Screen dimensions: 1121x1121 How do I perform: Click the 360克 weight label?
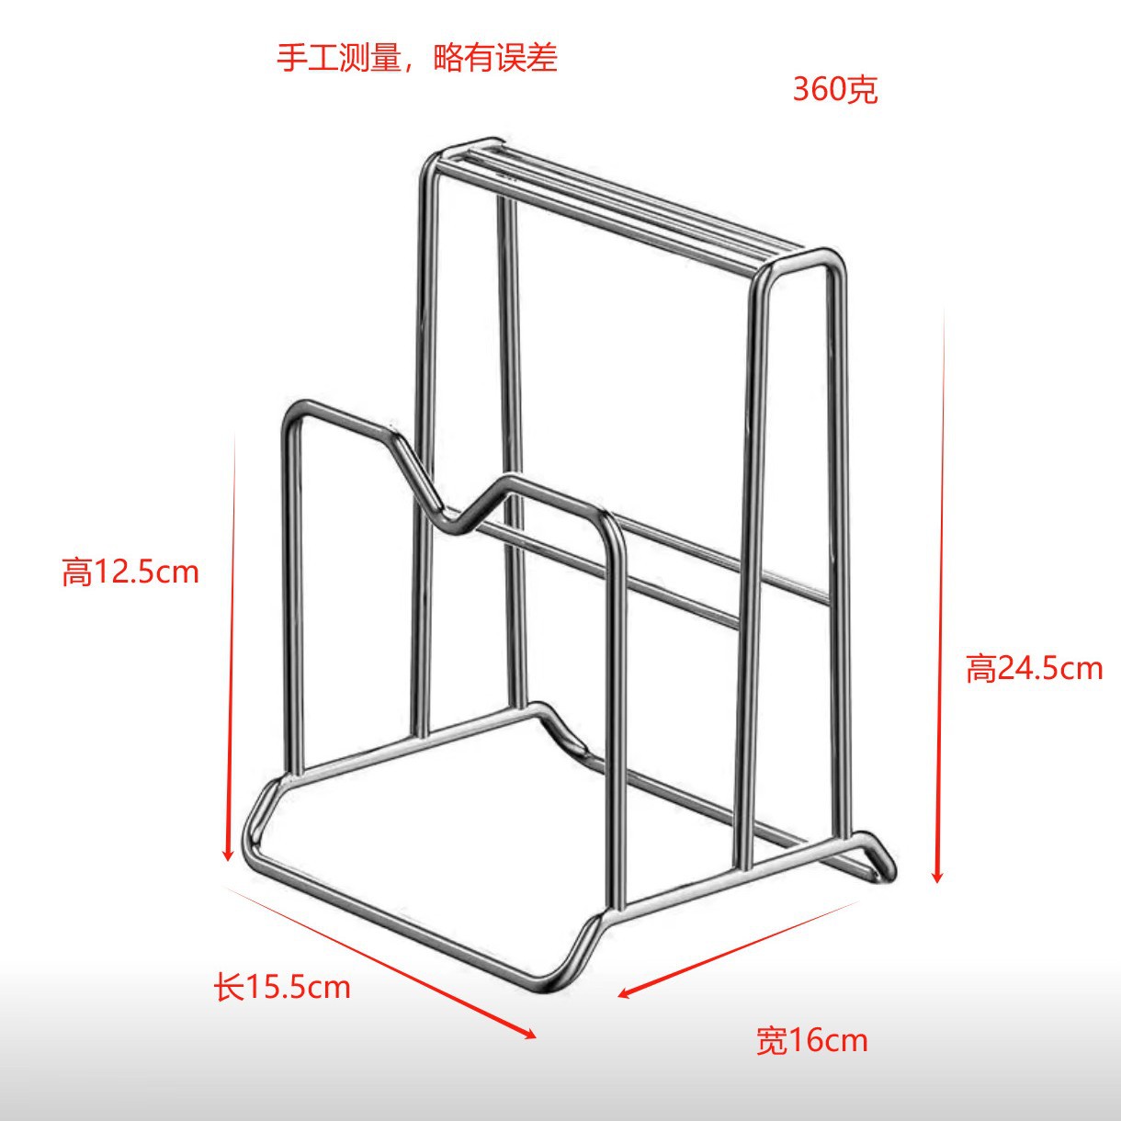(x=835, y=90)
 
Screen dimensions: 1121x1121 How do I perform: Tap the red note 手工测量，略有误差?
(x=417, y=58)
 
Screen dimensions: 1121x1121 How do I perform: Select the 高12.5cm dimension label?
(x=130, y=572)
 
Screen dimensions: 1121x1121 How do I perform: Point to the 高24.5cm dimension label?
(x=1033, y=668)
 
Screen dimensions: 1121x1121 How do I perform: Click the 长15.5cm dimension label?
(x=282, y=987)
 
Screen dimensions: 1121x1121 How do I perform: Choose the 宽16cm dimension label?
(x=811, y=1040)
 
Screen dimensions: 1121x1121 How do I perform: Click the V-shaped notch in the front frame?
(x=457, y=527)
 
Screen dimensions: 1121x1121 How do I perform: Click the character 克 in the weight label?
(x=863, y=90)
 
